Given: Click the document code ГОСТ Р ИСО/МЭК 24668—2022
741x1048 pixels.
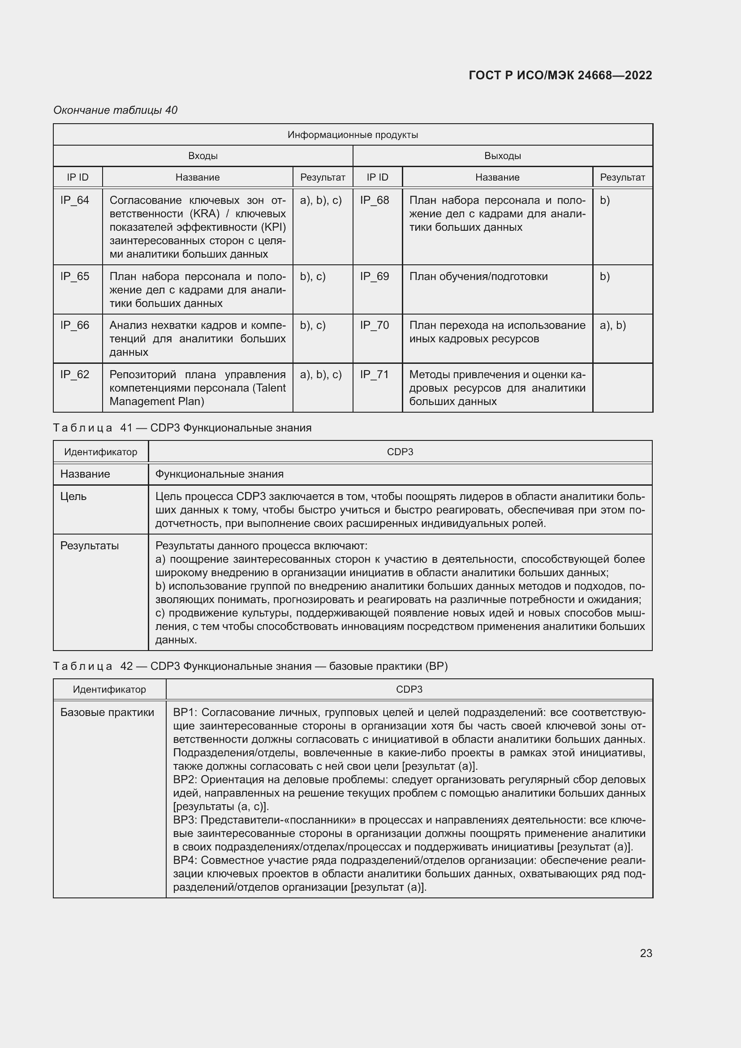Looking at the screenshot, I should tap(560, 75).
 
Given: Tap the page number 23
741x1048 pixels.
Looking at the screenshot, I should tap(646, 953).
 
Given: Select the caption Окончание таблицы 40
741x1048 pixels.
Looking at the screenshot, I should tap(115, 110).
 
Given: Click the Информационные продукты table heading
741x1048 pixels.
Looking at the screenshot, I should tap(352, 135).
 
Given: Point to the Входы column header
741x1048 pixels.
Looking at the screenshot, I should tap(202, 155).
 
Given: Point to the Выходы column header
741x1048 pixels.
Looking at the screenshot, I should tap(502, 155).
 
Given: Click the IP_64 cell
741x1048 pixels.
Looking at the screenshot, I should tap(75, 200).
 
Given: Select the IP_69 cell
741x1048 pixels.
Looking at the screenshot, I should tap(374, 276).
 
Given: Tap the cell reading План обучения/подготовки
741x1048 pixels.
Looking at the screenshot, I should tap(478, 276).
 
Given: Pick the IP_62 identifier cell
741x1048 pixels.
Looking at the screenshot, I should tap(75, 375).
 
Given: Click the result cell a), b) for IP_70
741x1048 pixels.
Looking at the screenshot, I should tap(612, 325).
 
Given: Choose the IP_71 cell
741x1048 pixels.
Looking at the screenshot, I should tap(374, 375).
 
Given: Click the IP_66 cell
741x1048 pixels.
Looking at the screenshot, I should tap(75, 325).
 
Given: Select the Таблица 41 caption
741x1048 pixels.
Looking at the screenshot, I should tap(182, 428).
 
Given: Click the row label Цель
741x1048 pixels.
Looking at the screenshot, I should tap(73, 496).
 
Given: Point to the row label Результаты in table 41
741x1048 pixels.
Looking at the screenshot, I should tap(90, 545).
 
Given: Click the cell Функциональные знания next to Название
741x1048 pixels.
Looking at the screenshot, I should tap(219, 474).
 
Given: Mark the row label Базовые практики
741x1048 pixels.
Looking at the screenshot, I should tap(107, 712).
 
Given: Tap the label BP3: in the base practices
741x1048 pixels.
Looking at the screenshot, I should tap(184, 820).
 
